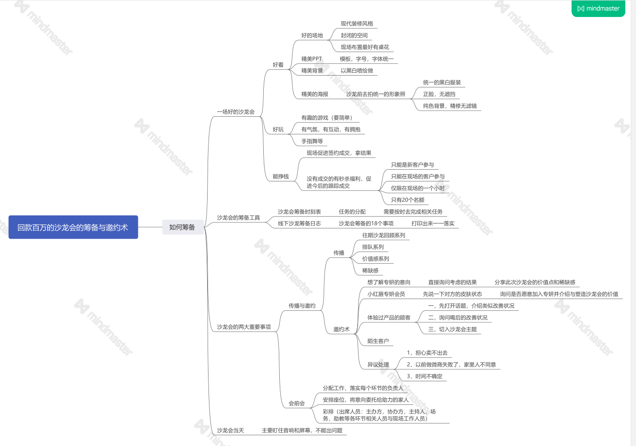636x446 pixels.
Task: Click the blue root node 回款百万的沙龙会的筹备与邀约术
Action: [x=73, y=227]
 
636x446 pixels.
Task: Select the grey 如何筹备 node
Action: [x=182, y=227]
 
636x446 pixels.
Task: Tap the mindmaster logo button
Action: [x=598, y=9]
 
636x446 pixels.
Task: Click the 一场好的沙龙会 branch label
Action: [x=235, y=112]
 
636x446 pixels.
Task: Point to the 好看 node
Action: [x=278, y=65]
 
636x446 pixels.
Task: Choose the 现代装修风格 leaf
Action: [x=357, y=24]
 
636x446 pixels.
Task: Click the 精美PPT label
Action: [x=311, y=59]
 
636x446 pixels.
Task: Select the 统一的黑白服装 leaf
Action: [x=442, y=83]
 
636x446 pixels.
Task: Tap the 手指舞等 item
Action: [x=312, y=141]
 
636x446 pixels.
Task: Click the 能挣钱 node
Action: [x=280, y=177]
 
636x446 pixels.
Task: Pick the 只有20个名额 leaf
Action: [x=408, y=200]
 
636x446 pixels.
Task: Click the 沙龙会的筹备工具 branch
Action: [x=238, y=218]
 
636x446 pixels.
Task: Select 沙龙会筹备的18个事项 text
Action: [x=366, y=223]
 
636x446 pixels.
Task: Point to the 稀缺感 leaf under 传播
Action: [x=370, y=271]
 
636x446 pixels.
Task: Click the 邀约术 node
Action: [x=341, y=329]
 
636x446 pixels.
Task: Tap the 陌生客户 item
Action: [x=378, y=341]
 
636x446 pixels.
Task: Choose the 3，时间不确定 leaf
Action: [x=425, y=377]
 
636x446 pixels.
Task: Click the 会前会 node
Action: [x=296, y=403]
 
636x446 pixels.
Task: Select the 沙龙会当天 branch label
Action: [x=230, y=430]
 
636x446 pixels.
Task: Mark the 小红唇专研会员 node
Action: [x=386, y=294]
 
